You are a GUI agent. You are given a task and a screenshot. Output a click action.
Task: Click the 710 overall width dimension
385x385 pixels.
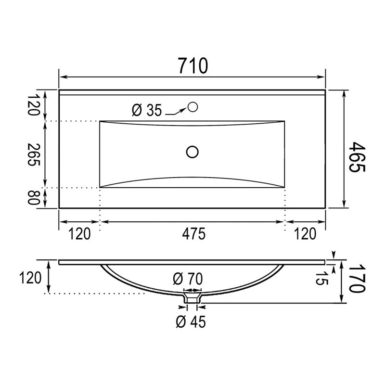click(193, 65)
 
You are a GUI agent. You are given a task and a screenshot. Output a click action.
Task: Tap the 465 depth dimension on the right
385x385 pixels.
click(357, 157)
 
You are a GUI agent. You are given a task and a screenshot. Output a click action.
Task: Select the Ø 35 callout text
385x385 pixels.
click(147, 110)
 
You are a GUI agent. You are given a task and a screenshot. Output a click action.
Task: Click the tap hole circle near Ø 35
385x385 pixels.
click(192, 107)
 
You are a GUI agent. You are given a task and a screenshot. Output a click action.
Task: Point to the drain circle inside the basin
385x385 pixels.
click(192, 152)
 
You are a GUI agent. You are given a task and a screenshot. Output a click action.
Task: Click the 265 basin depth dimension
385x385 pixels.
click(33, 154)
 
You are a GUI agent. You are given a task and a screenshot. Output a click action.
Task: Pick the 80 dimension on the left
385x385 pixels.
click(33, 197)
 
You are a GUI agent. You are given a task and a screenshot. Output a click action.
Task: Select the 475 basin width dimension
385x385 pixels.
click(193, 233)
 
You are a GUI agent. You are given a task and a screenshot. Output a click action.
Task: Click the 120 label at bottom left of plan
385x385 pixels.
click(79, 233)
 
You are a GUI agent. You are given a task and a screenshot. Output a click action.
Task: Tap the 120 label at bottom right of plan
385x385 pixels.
click(305, 233)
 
